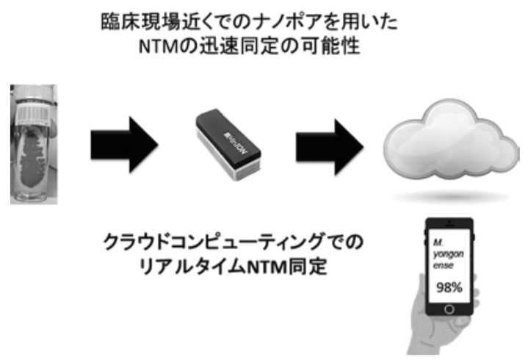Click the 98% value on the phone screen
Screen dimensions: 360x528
click(450, 287)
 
